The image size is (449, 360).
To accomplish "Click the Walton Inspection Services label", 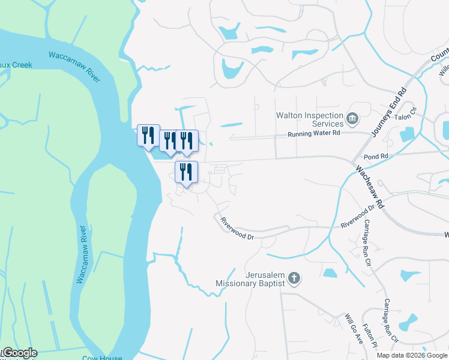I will (309, 119).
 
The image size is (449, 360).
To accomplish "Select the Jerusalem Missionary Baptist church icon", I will (294, 277).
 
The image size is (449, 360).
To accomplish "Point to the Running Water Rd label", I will (313, 134).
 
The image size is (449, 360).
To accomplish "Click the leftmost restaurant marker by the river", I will (148, 135).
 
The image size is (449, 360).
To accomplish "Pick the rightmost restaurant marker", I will (187, 141).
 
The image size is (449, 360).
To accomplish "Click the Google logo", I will (19, 353).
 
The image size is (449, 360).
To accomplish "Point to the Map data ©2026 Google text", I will (412, 355).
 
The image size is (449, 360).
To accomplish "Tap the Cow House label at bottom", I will (99, 358).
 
